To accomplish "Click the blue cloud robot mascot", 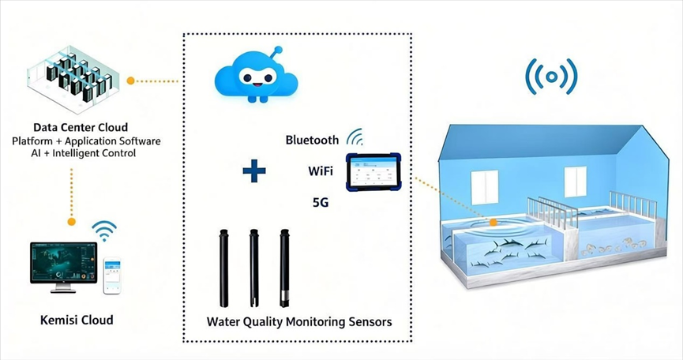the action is click(x=256, y=75).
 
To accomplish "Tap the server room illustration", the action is click(x=73, y=79).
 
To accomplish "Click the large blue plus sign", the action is click(x=254, y=171).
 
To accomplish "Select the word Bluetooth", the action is click(x=312, y=140).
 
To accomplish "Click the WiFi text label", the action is click(x=321, y=171).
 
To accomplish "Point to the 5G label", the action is click(x=321, y=202).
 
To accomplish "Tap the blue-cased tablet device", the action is click(x=373, y=172).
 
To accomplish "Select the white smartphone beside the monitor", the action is click(x=112, y=276).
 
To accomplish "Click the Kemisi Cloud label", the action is click(x=77, y=320).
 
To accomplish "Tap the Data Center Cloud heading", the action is click(x=81, y=128).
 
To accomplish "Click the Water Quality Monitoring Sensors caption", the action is click(x=299, y=322).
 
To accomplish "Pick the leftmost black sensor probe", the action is click(x=224, y=268).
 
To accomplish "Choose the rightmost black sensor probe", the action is click(x=284, y=268).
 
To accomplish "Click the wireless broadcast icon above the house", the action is click(x=551, y=77).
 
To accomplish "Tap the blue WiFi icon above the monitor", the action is click(x=104, y=231).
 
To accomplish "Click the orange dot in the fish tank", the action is click(x=493, y=223).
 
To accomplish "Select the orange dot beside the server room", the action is click(x=130, y=81).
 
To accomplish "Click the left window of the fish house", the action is click(x=484, y=187).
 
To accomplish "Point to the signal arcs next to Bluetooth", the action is click(x=355, y=137).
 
